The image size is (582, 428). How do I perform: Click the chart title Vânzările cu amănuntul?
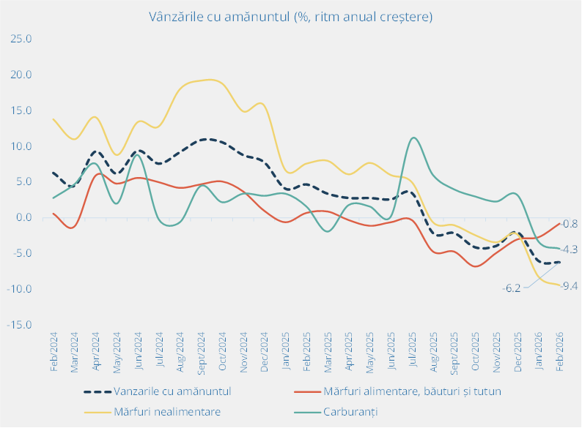point(291,16)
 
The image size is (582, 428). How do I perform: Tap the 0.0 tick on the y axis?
point(23,218)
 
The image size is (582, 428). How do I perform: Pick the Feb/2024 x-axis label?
point(54,353)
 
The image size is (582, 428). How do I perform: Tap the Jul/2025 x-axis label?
point(413,352)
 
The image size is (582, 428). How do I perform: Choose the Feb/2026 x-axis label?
point(561,353)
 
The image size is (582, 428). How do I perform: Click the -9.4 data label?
point(569,285)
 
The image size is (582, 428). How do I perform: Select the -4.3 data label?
point(569,249)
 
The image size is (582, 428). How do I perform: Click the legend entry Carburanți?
point(350,411)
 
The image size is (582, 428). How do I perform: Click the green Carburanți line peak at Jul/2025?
point(414,138)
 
